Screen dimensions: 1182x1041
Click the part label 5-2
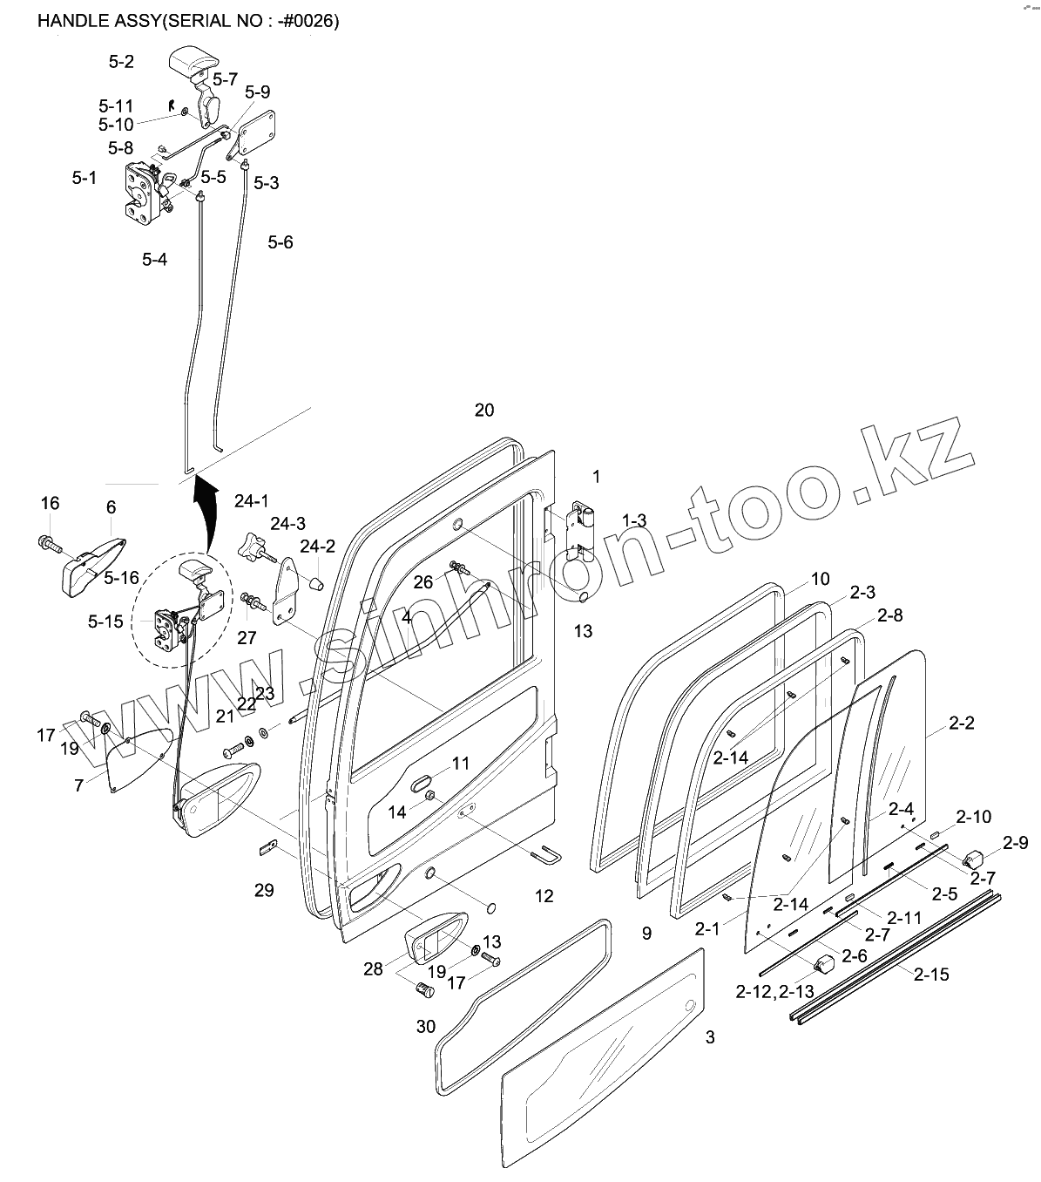121,62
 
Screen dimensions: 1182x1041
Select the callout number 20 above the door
484,410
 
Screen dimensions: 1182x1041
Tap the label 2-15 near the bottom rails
931,975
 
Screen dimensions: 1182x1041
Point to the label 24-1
252,501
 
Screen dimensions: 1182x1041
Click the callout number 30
425,1027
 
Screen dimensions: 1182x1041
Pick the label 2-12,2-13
774,991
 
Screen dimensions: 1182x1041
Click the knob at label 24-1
252,550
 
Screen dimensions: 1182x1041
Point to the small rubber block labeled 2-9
972,857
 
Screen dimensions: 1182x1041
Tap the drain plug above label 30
425,990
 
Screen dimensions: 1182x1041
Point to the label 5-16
121,578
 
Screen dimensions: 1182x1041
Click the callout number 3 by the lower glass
710,1037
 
